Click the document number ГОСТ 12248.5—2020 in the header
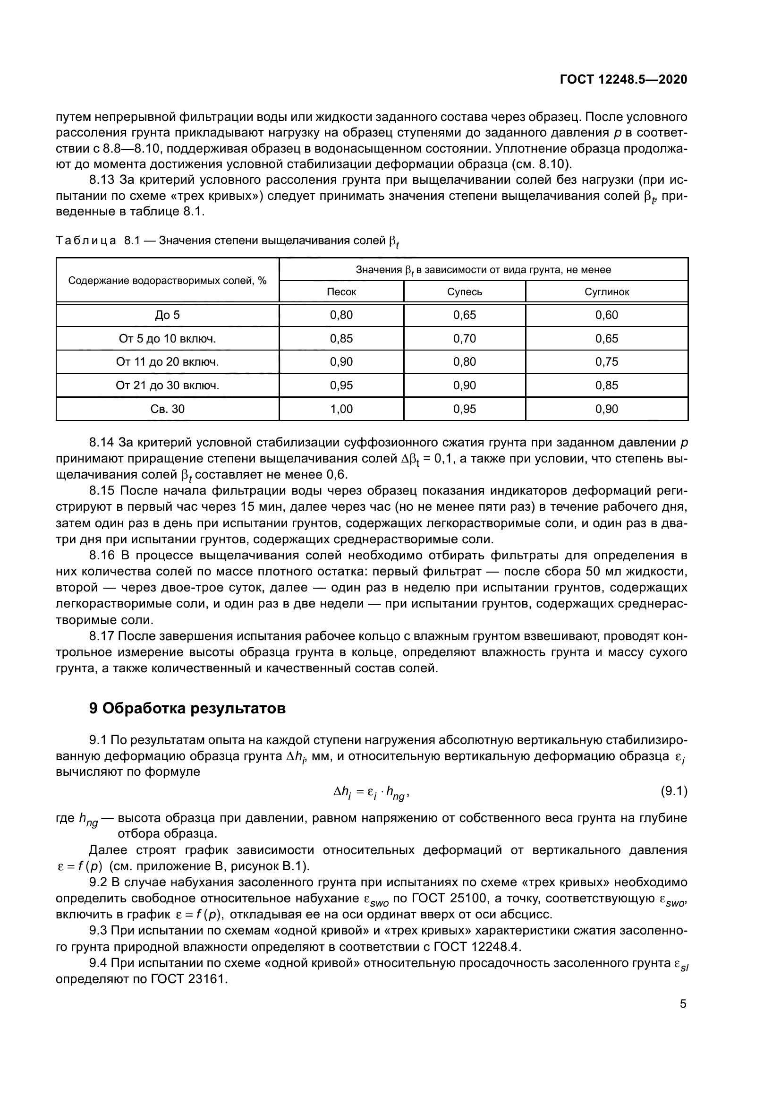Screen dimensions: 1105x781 (x=623, y=80)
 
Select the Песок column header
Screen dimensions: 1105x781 (x=341, y=291)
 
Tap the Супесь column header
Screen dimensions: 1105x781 (x=465, y=291)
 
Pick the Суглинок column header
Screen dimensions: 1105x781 (x=606, y=291)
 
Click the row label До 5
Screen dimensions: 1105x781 (x=167, y=315)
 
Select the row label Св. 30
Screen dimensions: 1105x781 (x=167, y=409)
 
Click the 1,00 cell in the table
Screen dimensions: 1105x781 (x=341, y=409)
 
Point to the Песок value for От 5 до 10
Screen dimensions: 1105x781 (x=341, y=339)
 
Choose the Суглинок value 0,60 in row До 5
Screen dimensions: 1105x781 (x=606, y=315)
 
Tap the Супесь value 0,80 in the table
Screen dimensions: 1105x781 (x=465, y=362)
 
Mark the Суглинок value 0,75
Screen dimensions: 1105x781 (x=606, y=362)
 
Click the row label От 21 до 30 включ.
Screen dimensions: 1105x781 (x=167, y=385)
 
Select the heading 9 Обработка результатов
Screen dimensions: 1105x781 (x=187, y=709)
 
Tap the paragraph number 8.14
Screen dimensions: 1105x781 (x=102, y=443)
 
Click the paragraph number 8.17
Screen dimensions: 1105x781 (x=102, y=637)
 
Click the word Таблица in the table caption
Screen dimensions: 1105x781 (x=86, y=240)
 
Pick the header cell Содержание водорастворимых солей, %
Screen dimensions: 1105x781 (x=167, y=281)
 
